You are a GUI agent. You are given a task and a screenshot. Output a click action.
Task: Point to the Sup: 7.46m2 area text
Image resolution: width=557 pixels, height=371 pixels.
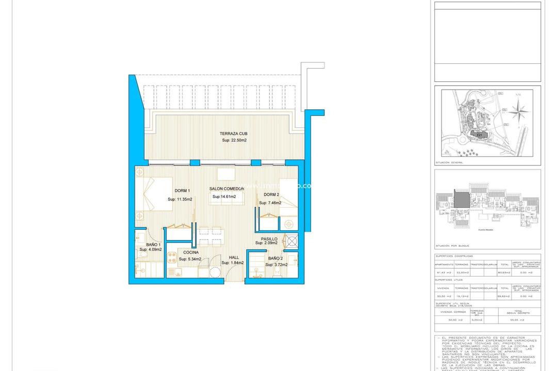(270, 203)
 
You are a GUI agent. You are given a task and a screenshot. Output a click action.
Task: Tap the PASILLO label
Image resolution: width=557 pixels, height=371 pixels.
(269, 239)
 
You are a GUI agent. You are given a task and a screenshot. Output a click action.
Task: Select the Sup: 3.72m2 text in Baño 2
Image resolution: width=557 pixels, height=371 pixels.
(276, 264)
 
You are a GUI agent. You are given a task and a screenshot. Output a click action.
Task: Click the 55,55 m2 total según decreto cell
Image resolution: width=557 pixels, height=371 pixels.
(519, 320)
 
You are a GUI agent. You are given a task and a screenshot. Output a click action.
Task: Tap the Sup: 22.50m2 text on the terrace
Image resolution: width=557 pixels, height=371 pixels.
(234, 140)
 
